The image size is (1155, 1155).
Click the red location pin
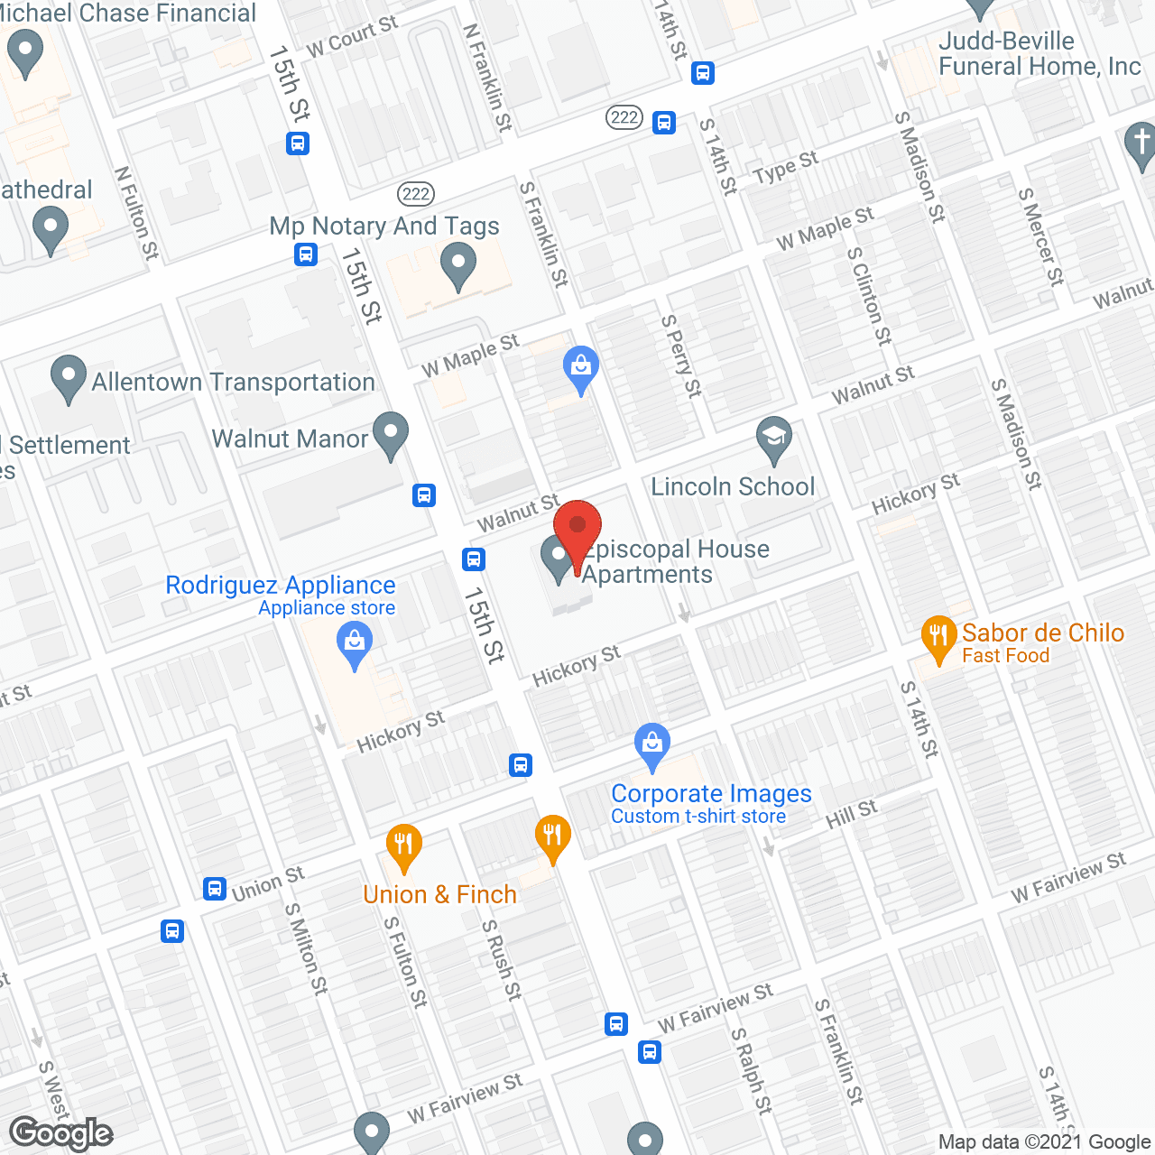click(x=577, y=532)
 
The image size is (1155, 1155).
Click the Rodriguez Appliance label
click(x=281, y=586)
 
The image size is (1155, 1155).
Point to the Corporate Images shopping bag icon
click(x=651, y=745)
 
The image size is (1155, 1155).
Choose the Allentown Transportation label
click(x=233, y=383)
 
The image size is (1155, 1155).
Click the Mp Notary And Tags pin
click(x=458, y=267)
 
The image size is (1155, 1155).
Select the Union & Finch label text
click(x=439, y=894)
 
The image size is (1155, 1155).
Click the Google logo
click(x=61, y=1133)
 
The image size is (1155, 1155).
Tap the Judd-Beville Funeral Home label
click(x=1039, y=54)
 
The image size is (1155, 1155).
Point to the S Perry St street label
click(x=681, y=356)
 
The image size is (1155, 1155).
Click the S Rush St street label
click(x=502, y=960)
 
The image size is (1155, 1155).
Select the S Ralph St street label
click(x=752, y=1070)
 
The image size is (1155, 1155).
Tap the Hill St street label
click(x=852, y=815)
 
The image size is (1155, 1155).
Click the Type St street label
click(x=785, y=167)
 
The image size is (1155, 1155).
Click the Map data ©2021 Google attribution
click(x=1044, y=1142)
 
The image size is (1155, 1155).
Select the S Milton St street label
click(x=307, y=949)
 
